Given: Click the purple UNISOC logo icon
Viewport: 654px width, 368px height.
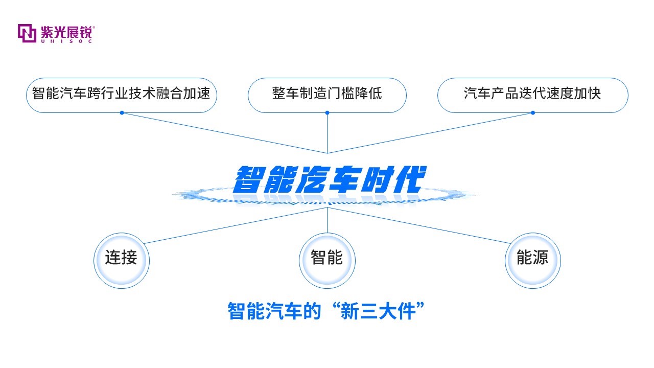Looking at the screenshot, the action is point(27,33).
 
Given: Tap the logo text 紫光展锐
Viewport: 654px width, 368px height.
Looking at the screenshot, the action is point(67,32).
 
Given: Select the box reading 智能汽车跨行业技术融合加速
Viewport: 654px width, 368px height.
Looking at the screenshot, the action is point(122,95).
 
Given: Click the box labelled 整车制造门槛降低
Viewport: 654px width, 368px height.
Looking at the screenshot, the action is point(327,95).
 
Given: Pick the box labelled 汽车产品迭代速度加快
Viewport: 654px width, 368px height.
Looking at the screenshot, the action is point(532,95).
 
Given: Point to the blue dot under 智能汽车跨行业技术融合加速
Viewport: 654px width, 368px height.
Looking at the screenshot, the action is point(122,113).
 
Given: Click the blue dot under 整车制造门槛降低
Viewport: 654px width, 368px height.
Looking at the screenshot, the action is point(328,113).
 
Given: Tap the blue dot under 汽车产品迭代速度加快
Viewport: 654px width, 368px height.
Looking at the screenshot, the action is point(533,113).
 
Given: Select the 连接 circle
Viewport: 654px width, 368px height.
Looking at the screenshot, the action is point(122,261).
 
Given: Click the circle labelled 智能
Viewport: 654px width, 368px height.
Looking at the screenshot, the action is point(327,261).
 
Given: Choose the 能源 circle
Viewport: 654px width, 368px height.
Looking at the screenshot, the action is point(533,261).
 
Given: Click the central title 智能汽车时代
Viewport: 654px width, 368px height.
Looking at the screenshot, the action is point(330,179).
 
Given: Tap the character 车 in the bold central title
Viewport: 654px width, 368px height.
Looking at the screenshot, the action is point(344,179).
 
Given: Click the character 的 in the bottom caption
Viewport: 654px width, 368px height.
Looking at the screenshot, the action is point(312,311).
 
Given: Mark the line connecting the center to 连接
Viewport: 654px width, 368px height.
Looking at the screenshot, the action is point(236,225).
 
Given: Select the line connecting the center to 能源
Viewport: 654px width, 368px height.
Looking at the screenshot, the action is point(419,225).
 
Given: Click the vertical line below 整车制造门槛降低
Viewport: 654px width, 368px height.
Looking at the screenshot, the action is point(328,133).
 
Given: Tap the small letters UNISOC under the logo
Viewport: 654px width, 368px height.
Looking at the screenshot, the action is point(66,41).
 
